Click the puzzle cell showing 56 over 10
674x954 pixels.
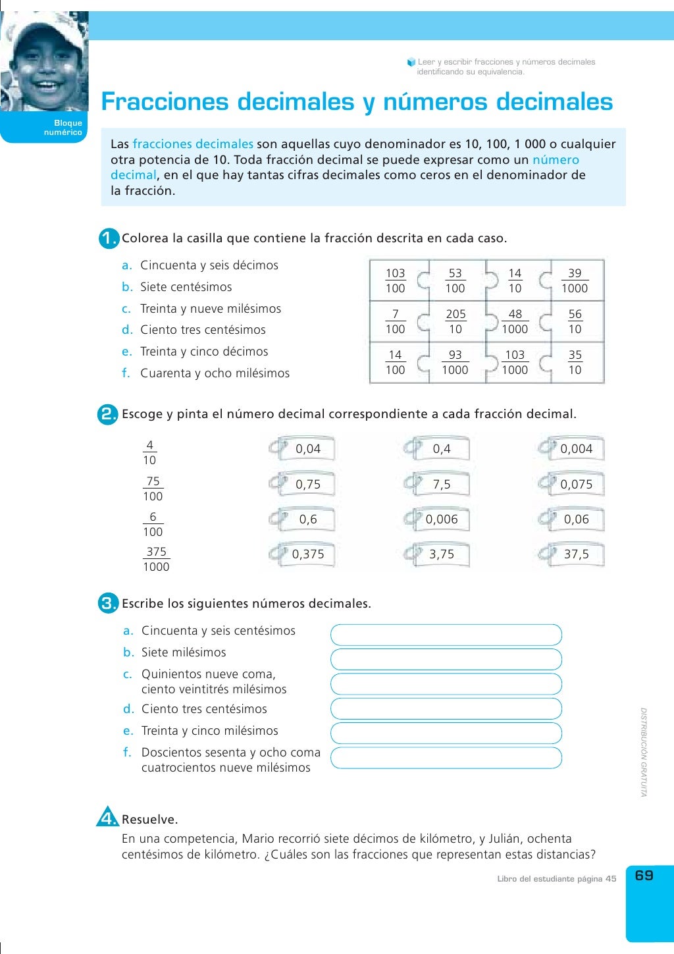575,322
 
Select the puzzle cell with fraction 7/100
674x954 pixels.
395,322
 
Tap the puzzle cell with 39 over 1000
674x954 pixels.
575,281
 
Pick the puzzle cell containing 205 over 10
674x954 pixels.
455,322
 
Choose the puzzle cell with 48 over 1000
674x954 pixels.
515,322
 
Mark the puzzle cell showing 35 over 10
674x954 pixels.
575,363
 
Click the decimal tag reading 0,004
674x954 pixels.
575,449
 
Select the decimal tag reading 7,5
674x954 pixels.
441,485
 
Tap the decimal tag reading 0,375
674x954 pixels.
307,554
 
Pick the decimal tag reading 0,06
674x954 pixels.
575,519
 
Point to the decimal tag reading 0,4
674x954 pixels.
441,449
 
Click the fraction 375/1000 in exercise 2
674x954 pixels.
156,560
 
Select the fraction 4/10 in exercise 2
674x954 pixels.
149,453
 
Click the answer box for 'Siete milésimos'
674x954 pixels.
446,659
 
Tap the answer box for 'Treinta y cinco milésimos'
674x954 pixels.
446,733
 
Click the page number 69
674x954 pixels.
644,876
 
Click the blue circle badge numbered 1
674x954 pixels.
109,238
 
